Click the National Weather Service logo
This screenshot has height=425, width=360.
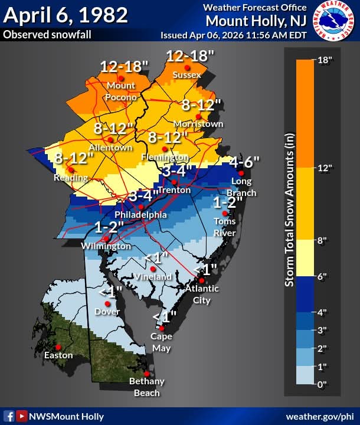coord(334,21)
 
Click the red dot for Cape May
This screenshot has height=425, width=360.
coord(161,328)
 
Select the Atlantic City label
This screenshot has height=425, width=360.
coord(202,294)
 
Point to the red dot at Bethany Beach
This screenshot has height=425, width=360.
coord(146,373)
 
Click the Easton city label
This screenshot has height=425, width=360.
coord(58,355)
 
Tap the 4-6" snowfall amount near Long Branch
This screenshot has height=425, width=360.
coord(244,161)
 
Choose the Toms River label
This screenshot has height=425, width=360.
coord(225,227)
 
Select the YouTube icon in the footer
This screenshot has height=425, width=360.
coord(22,416)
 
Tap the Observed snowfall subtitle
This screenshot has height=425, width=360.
coord(47,35)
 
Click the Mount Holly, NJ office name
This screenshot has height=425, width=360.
coord(256,21)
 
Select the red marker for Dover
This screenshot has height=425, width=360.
coord(107,303)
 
